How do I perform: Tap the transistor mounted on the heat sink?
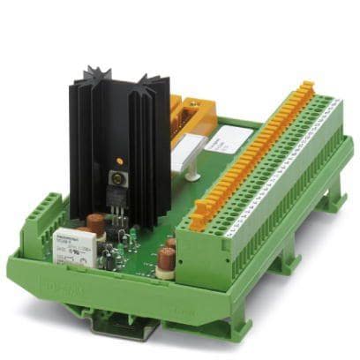tap(116, 189)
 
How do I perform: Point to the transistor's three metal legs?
tap(117, 216)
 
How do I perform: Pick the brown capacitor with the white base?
tap(165, 258)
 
